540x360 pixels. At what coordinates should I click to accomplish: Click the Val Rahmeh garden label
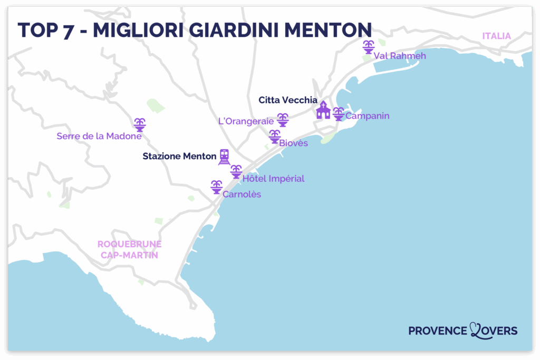click(x=399, y=56)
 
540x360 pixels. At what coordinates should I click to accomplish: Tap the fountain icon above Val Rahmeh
click(x=368, y=47)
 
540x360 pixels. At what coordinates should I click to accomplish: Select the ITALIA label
click(x=496, y=36)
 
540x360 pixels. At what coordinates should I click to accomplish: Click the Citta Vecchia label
click(x=288, y=100)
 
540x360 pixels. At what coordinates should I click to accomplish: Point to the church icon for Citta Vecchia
click(x=323, y=111)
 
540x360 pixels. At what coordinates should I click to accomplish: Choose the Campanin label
click(x=367, y=115)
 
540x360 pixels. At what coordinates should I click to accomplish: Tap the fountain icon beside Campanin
click(x=338, y=114)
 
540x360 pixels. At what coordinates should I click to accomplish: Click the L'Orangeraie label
click(x=246, y=121)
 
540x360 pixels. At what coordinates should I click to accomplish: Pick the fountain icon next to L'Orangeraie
click(x=283, y=120)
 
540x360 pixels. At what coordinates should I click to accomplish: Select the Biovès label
click(x=294, y=143)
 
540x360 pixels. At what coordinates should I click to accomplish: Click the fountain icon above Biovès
click(x=275, y=137)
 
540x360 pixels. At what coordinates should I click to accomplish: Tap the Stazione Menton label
click(x=179, y=156)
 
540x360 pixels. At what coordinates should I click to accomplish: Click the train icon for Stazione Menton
click(x=225, y=157)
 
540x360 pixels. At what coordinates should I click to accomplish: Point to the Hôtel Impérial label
click(x=273, y=179)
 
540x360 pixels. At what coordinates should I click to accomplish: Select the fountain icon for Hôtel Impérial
click(x=236, y=171)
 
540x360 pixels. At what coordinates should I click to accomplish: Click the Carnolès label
click(x=242, y=194)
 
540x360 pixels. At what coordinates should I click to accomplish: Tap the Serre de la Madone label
click(x=99, y=136)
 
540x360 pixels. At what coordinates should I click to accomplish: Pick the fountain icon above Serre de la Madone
click(x=140, y=125)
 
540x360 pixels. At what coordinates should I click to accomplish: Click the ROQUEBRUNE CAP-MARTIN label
click(x=129, y=249)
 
